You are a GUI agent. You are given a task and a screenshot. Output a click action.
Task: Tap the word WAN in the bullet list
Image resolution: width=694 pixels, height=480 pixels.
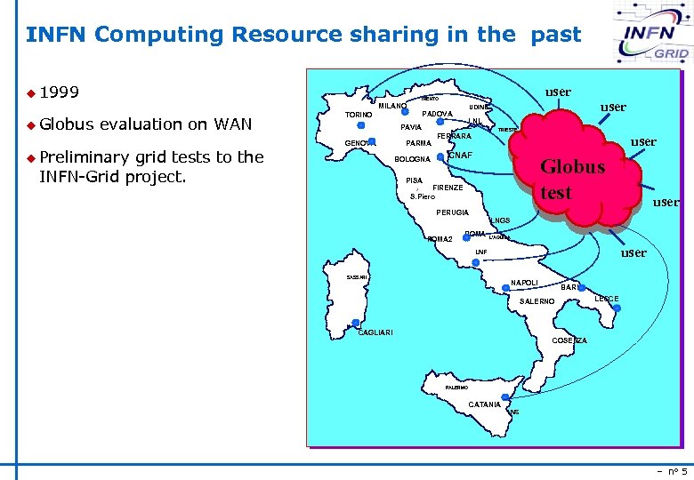pos(233,124)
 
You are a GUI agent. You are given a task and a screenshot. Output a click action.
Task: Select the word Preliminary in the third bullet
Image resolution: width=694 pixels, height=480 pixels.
pos(87,157)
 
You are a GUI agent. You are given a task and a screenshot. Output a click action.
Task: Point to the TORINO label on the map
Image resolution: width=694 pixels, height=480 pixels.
pos(359,115)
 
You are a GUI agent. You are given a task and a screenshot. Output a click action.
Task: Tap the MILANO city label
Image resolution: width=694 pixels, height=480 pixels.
pos(392,106)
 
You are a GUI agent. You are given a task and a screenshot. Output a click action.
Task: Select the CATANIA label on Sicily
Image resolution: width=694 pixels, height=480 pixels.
pos(484,404)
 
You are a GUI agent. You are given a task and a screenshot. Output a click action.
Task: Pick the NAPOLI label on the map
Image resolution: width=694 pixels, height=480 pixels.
pos(524,283)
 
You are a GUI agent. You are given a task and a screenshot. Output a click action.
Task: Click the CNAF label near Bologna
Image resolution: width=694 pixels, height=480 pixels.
pos(460,156)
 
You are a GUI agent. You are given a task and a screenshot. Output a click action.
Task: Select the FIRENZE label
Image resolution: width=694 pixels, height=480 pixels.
pos(448,188)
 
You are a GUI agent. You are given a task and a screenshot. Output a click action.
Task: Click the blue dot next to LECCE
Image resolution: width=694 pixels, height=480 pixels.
pos(614,308)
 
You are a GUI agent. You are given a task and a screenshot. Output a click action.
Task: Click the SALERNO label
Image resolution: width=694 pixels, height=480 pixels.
pos(537,301)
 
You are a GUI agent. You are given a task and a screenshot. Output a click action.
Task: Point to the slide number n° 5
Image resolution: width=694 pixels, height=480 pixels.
pos(673,471)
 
